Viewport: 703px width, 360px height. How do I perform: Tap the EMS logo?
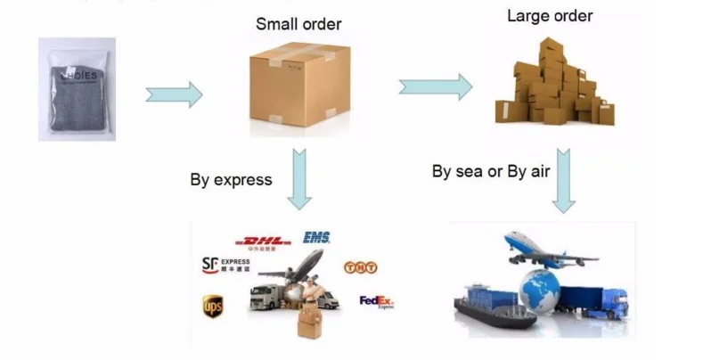316,237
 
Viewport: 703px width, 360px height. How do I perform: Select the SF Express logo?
225,265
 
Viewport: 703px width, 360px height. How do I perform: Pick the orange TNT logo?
356,267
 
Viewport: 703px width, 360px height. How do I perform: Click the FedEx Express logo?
376,302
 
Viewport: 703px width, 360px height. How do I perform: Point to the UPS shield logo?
212,306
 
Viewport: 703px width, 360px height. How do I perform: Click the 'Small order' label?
298,24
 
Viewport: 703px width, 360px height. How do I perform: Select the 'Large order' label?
550,16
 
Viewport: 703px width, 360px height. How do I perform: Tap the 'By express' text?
231,179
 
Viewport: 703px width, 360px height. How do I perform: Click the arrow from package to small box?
174,94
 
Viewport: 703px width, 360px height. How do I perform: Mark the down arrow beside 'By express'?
299,178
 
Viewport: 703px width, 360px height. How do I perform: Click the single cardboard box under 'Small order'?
298,86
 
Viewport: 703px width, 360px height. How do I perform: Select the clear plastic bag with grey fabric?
77,89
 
